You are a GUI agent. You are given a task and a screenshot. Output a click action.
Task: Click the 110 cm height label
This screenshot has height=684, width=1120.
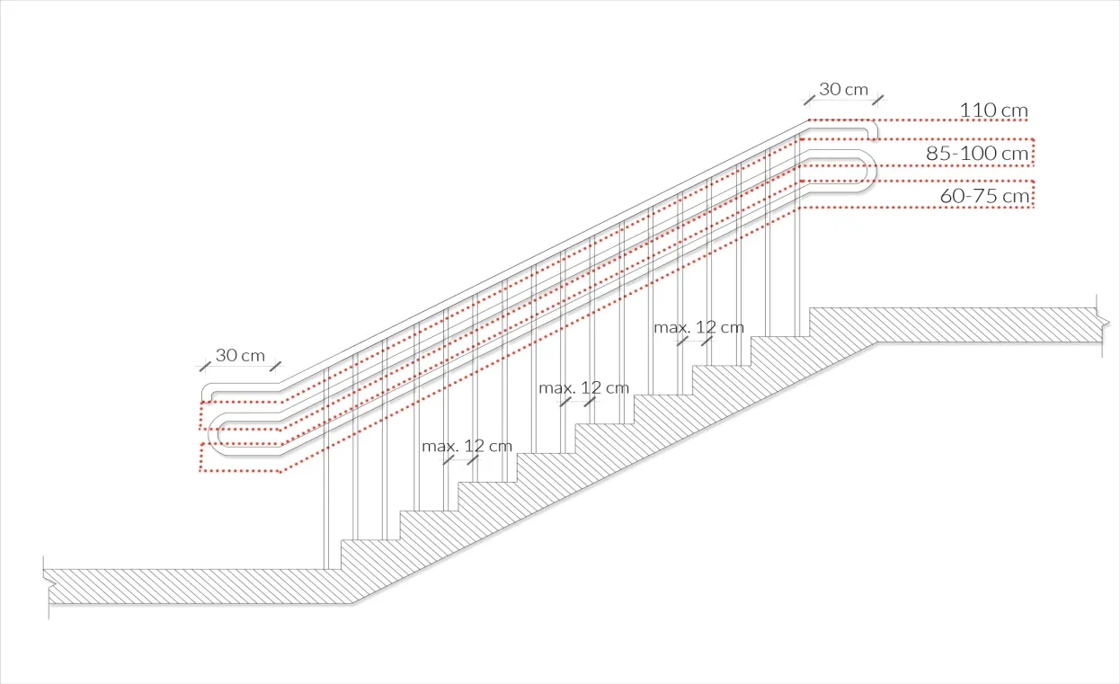coord(993,111)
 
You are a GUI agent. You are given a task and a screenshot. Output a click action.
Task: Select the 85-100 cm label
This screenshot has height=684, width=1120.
coord(977,154)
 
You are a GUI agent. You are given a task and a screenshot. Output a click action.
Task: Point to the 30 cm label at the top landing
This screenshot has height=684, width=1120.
coord(843,89)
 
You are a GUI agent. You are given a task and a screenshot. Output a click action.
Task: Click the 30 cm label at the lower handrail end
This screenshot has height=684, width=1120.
coord(240,355)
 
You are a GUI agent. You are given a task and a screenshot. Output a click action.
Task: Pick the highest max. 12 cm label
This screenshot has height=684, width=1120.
coord(698,327)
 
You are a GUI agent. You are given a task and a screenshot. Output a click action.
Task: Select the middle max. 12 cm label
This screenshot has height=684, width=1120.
coord(583,388)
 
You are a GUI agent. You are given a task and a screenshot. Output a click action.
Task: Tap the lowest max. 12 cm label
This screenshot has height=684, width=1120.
coord(467,446)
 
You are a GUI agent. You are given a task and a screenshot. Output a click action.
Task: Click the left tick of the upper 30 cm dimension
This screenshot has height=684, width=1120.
coord(810,98)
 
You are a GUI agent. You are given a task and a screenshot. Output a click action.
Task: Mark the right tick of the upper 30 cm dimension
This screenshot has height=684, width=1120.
coord(877,98)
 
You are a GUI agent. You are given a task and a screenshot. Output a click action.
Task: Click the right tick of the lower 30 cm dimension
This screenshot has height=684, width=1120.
coord(275,366)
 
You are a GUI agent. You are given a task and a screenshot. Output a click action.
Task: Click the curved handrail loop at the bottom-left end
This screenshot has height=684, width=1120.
coord(215,432)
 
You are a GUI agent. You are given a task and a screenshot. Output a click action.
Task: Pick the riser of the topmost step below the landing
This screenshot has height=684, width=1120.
coord(809,322)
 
